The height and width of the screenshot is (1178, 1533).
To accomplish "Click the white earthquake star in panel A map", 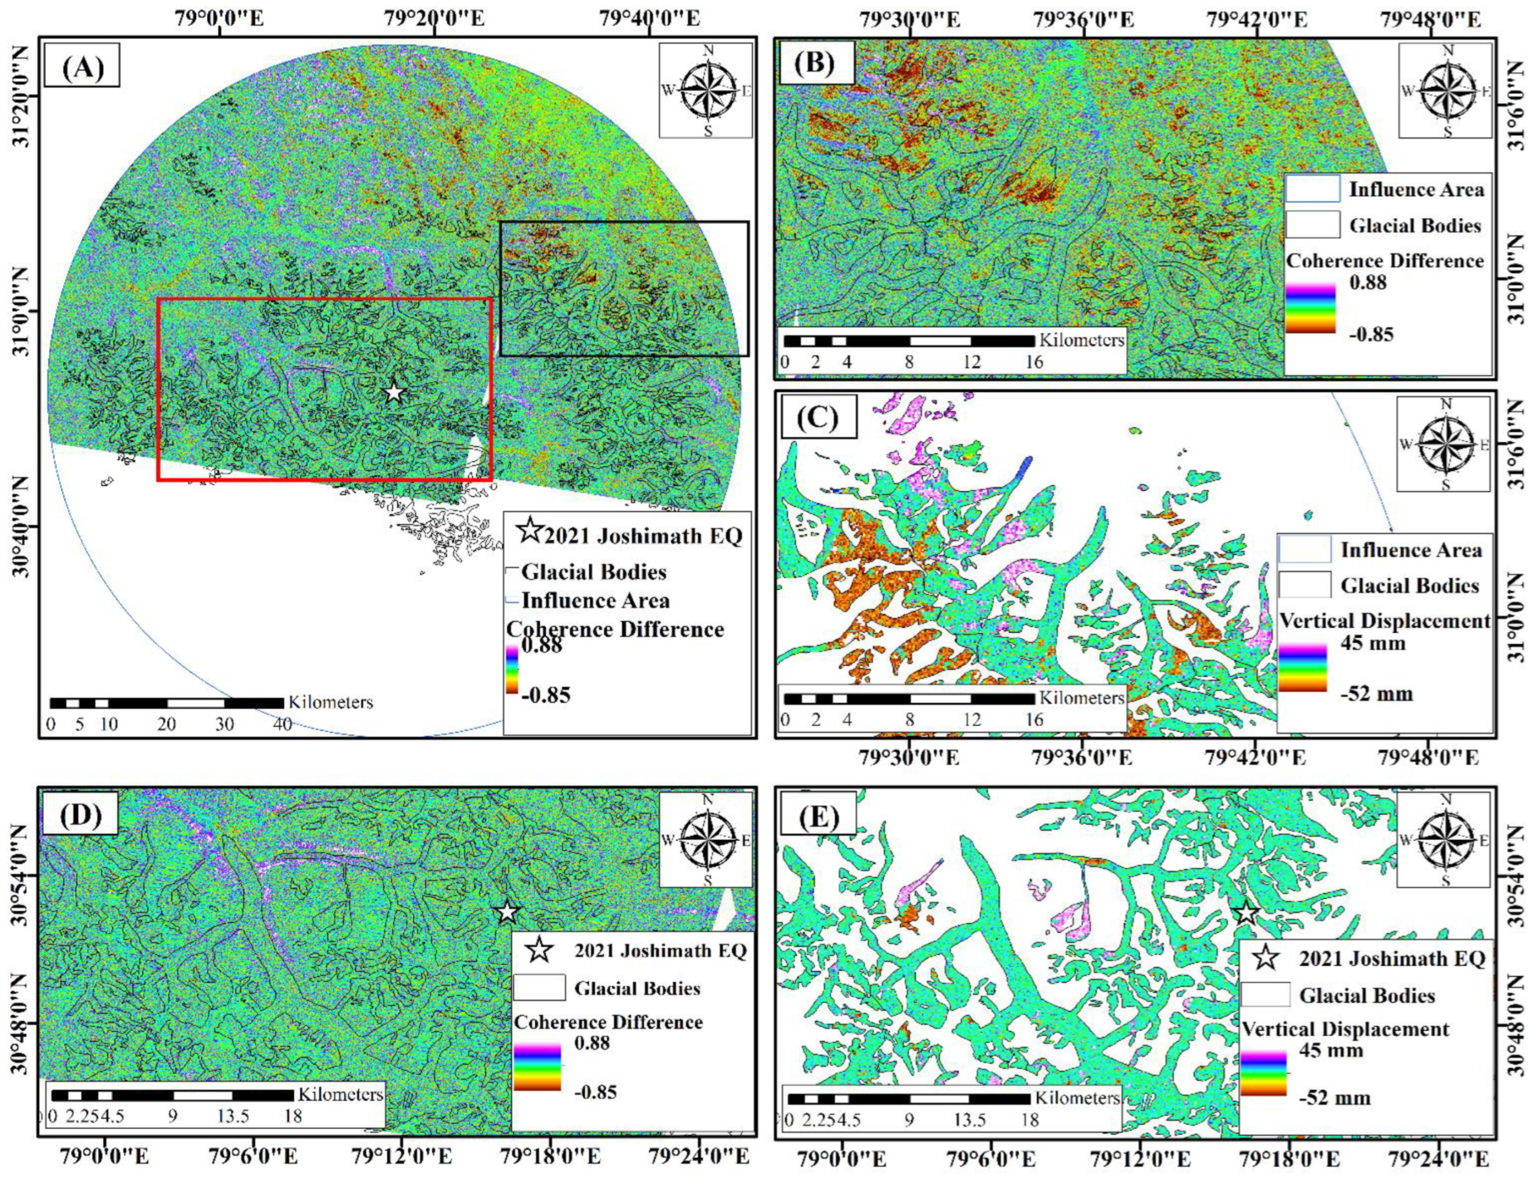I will click(393, 392).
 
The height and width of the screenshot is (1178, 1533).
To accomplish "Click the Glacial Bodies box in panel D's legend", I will click(539, 987).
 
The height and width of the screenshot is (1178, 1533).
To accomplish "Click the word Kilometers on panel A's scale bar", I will click(330, 702).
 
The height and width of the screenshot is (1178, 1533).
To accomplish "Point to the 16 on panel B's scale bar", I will click(1033, 362).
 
